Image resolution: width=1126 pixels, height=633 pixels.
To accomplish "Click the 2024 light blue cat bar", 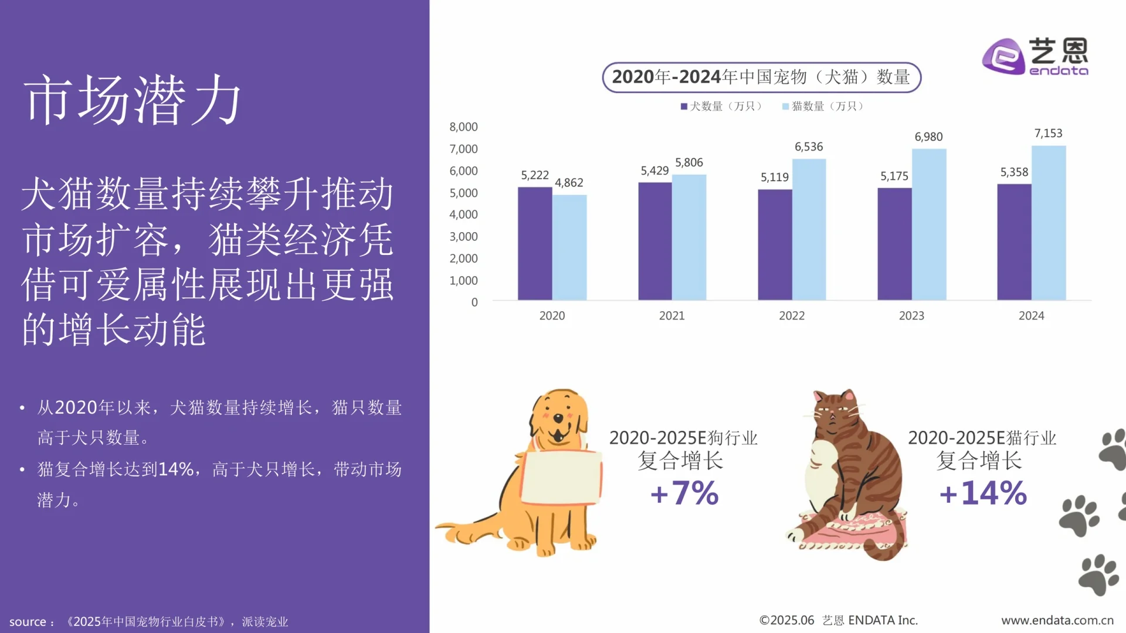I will coord(1049,223).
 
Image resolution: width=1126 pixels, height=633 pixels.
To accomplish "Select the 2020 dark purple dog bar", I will coord(534,243).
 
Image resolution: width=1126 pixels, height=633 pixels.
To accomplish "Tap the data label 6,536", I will coord(809,147).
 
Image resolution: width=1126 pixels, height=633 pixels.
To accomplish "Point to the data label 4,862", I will coord(569,183).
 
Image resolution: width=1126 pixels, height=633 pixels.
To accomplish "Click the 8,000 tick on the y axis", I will coord(463,127).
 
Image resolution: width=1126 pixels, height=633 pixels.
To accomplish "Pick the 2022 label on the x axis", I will coord(792,316).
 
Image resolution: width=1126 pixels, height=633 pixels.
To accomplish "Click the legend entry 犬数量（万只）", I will coord(721,106).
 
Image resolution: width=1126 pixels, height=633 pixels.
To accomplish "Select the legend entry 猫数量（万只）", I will coord(823,106).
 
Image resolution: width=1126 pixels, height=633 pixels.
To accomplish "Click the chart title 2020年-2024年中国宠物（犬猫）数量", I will coord(761,77).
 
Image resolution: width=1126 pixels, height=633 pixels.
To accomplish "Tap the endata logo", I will coord(1035,56).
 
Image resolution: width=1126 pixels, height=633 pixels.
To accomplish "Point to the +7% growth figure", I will coord(684,493).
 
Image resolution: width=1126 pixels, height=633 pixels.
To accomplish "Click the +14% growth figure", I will coord(983,493).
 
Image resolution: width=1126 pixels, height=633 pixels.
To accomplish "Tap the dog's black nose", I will coord(558,418).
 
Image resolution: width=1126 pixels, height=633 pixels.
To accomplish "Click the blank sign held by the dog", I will coord(561,477).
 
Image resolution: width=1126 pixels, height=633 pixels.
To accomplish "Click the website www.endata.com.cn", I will coord(1057,620).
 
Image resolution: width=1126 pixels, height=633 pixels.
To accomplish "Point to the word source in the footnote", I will coord(28,622).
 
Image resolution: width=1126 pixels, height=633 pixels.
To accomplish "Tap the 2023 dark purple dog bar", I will coord(894,244).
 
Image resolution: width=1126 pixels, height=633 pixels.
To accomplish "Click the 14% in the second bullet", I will coord(175,469).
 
